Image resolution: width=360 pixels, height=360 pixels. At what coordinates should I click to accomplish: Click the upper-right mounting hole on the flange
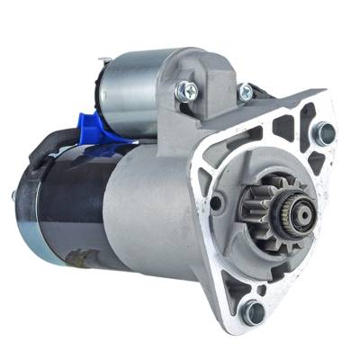click(321, 132)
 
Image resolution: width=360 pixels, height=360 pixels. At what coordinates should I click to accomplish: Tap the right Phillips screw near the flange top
click(244, 91)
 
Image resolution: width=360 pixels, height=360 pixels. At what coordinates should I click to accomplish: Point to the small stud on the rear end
click(13, 195)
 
